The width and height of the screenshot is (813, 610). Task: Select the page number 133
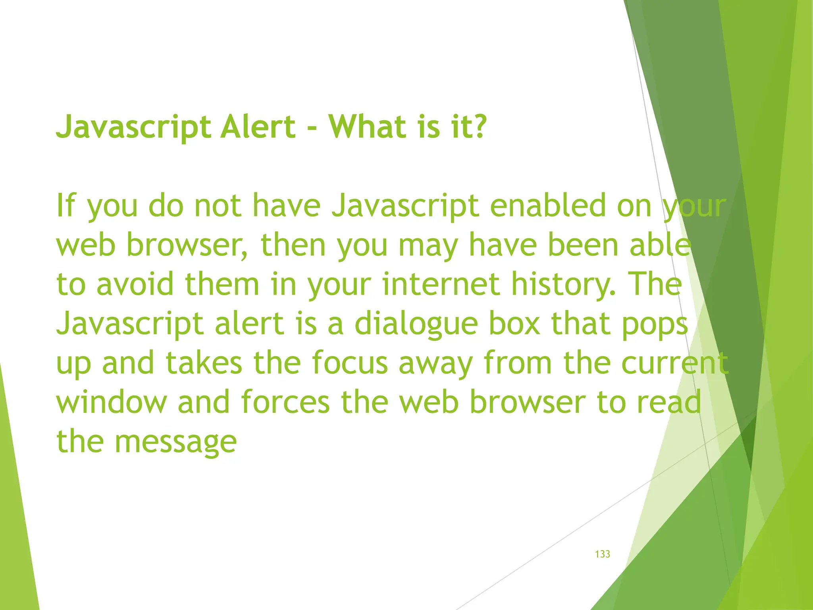click(602, 554)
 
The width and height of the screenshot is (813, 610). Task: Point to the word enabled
click(548, 205)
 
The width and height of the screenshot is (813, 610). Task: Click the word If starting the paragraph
click(66, 205)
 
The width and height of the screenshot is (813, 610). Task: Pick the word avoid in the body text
click(135, 284)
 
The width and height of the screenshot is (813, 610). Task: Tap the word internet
click(441, 284)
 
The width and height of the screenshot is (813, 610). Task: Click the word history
click(564, 285)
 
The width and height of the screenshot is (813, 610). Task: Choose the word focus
click(349, 363)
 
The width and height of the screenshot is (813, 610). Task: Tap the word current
click(674, 363)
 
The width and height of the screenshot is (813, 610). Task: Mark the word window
click(112, 402)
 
